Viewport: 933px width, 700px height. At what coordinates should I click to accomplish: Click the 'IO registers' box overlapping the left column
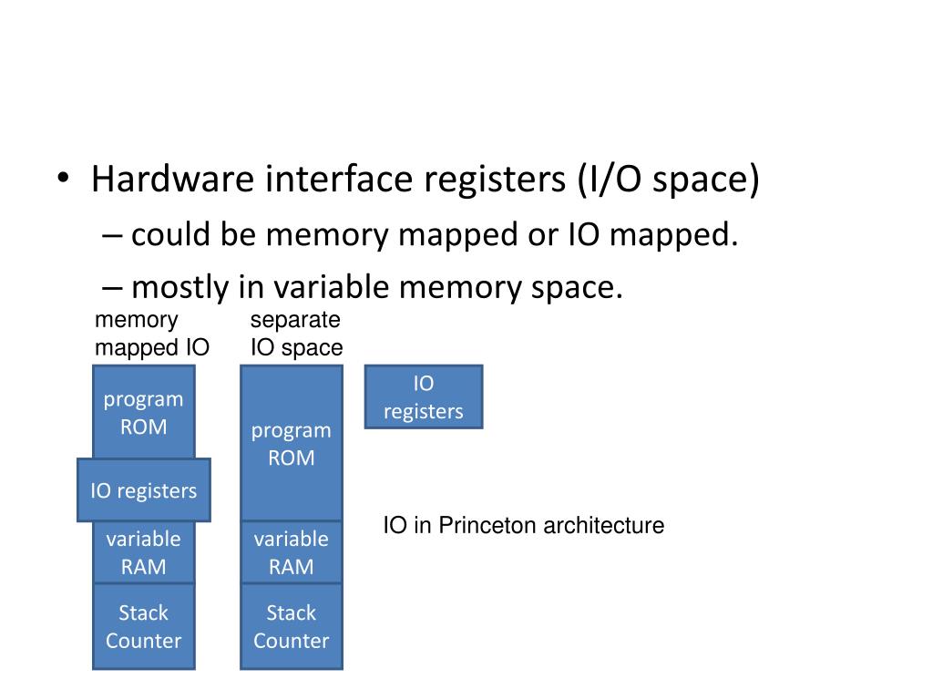tap(143, 490)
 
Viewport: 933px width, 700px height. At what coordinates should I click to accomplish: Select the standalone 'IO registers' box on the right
tap(424, 397)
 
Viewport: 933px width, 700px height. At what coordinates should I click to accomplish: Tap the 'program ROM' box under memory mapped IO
tap(143, 412)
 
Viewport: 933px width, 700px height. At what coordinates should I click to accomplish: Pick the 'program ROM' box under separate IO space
tap(292, 444)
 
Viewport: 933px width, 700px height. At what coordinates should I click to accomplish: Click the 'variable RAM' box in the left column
tap(143, 552)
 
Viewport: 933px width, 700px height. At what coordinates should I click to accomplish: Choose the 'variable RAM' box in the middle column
tap(292, 552)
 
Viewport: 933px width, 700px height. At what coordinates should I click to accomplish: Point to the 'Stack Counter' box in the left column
tap(143, 626)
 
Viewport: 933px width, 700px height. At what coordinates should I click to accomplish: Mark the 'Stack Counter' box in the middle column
tap(292, 626)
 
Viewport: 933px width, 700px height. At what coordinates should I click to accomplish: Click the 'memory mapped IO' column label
tap(152, 334)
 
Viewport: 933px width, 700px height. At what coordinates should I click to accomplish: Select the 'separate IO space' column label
tap(296, 334)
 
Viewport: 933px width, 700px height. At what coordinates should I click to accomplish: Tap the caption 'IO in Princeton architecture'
tap(523, 526)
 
